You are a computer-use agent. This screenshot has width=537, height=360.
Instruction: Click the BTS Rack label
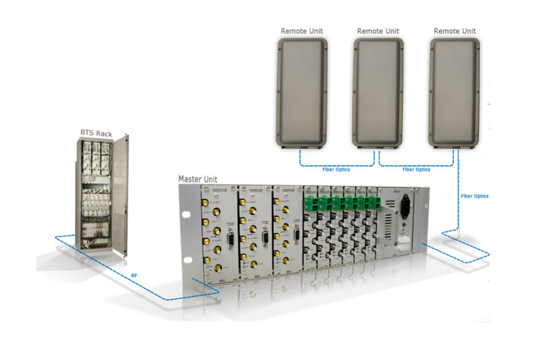point(95,132)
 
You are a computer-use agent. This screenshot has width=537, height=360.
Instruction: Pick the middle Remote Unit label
point(378,31)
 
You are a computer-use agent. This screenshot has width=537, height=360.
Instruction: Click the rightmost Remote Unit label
point(454,31)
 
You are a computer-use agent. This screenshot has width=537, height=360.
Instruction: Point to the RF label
point(134,276)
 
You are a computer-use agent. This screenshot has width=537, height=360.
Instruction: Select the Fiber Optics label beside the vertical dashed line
point(475,196)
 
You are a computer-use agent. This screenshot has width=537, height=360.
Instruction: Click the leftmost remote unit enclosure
point(302,92)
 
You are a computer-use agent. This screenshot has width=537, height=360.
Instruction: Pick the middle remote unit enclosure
point(378,92)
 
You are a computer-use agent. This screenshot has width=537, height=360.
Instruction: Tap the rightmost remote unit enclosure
point(455,92)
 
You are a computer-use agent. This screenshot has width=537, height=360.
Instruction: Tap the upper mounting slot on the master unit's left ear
point(185,215)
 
